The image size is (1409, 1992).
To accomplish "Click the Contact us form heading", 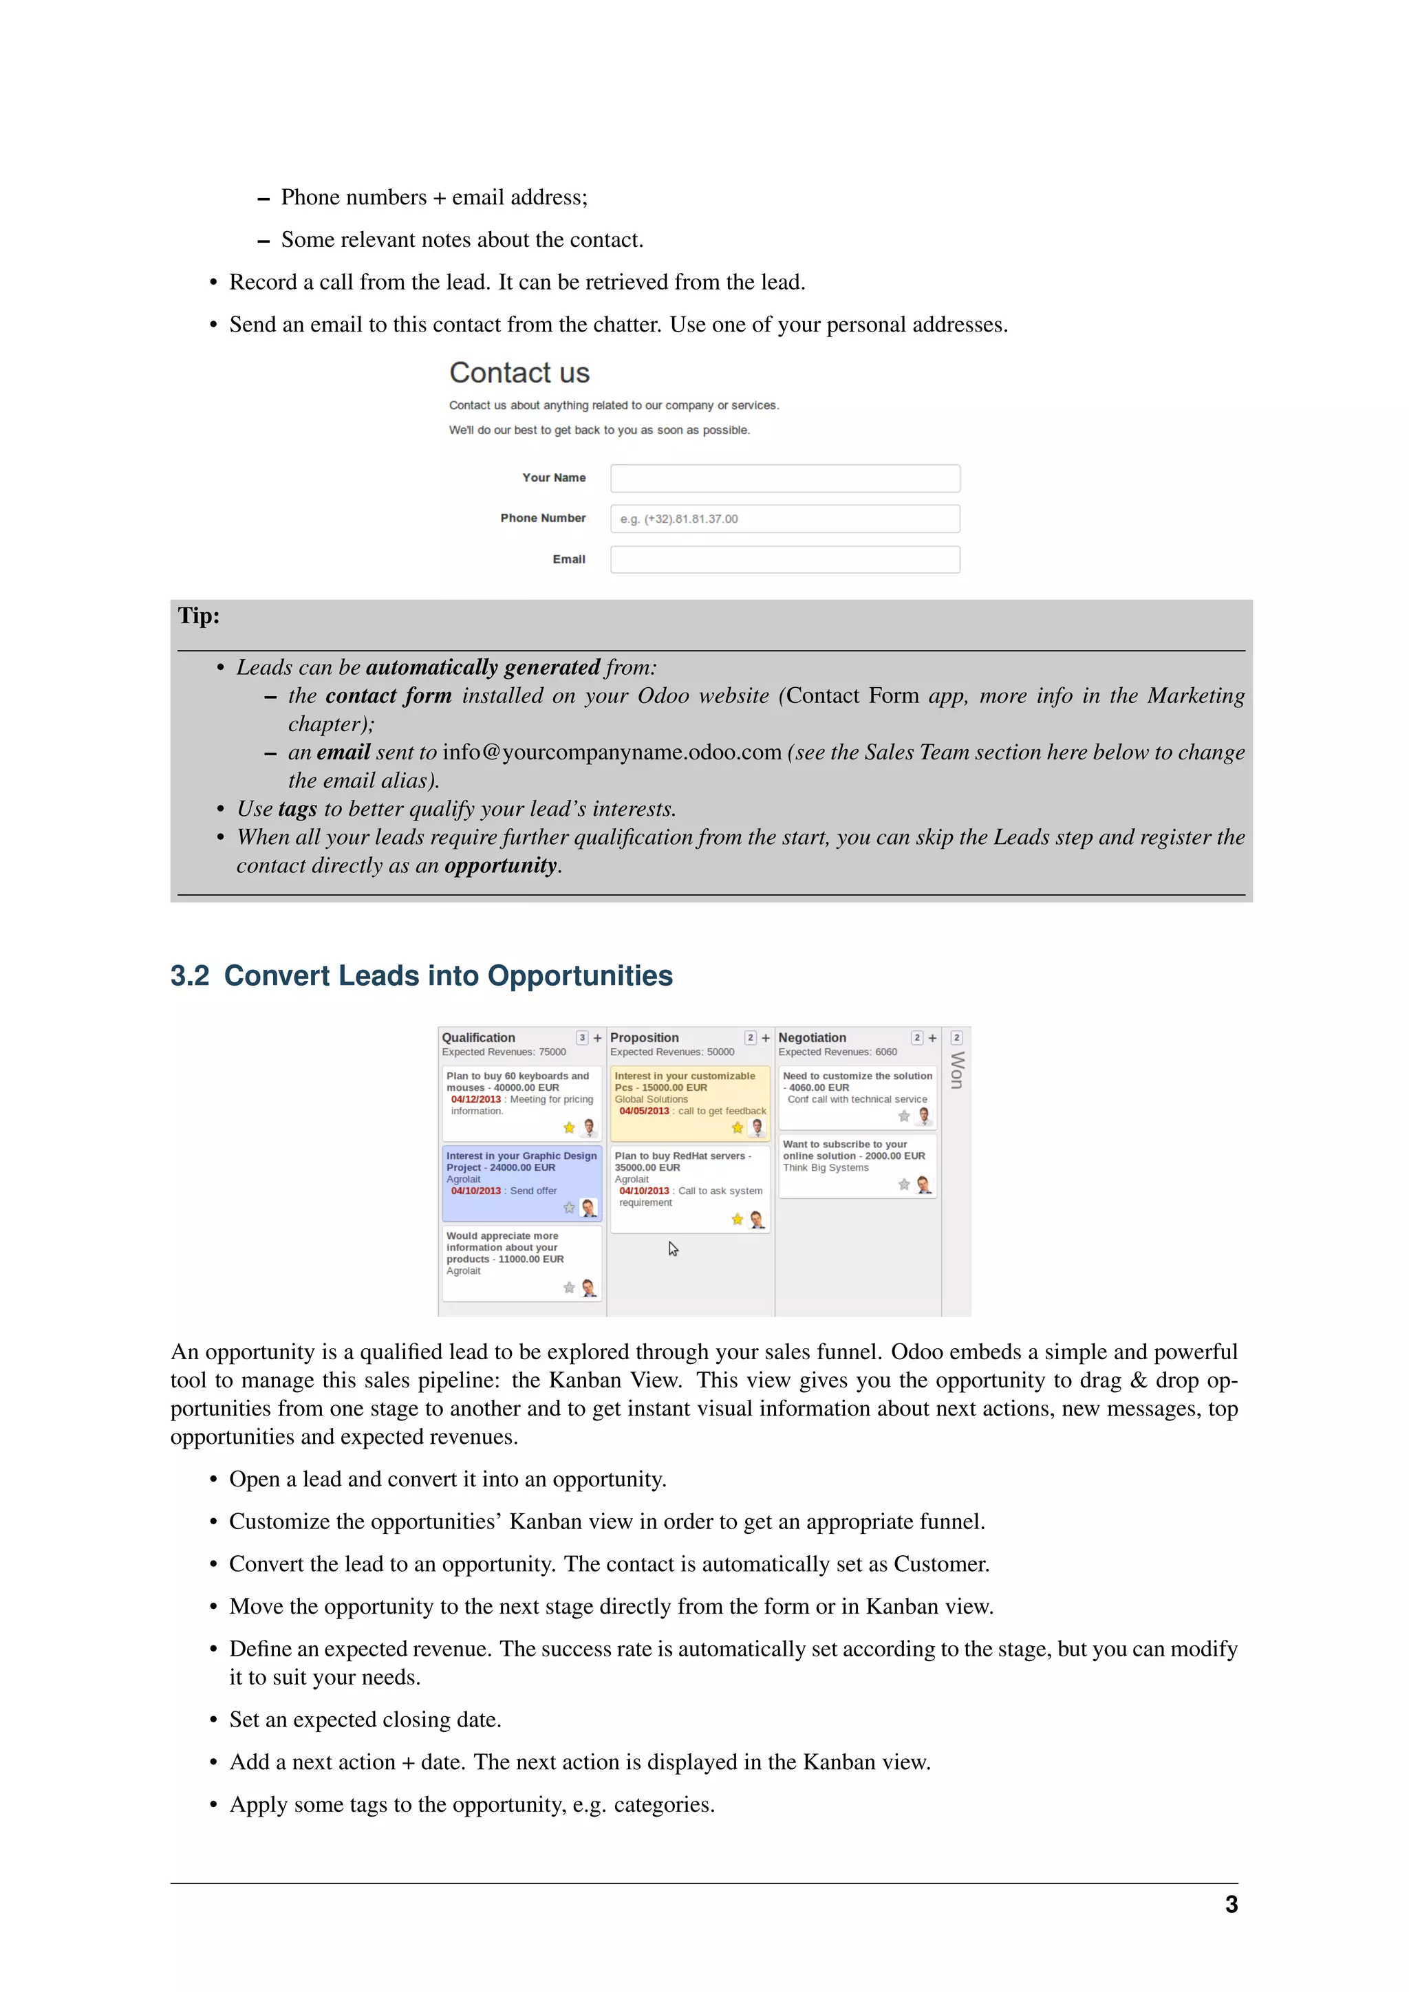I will point(519,373).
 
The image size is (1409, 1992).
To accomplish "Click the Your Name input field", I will point(784,478).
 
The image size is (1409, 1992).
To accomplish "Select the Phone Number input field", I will point(784,519).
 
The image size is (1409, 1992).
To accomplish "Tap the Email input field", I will point(784,560).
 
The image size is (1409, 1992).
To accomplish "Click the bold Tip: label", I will point(199,616).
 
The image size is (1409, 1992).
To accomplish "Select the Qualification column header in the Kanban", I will point(478,1038).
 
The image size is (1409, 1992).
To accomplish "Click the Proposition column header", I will point(644,1038).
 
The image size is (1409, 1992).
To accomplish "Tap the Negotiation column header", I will point(812,1038).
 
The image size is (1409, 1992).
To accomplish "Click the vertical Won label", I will point(957,1070).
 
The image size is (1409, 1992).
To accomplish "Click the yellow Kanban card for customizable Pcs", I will point(690,1102).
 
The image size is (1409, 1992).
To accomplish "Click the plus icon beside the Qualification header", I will point(597,1039).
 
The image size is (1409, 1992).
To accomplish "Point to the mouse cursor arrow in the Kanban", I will point(672,1248).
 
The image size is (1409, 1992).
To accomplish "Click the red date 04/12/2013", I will point(475,1099).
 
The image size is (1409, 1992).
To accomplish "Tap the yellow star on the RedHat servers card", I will point(737,1219).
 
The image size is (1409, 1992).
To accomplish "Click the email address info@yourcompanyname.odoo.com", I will point(612,753).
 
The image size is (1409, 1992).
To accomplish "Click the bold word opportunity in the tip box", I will point(501,866).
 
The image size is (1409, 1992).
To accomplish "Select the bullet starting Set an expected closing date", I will point(365,1720).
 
